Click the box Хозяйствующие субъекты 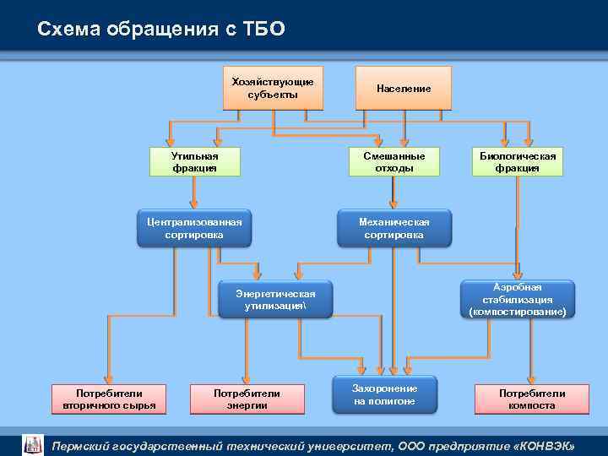272,88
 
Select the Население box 404,88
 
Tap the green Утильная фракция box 194,162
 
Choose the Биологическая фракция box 518,162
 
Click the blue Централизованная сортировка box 194,228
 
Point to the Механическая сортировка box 394,228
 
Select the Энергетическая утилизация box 275,300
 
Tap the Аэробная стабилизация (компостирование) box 518,300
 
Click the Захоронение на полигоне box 384,394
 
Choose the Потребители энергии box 247,399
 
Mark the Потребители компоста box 532,399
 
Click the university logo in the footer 32,444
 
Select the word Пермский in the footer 87,445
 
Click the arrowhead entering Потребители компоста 530,380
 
